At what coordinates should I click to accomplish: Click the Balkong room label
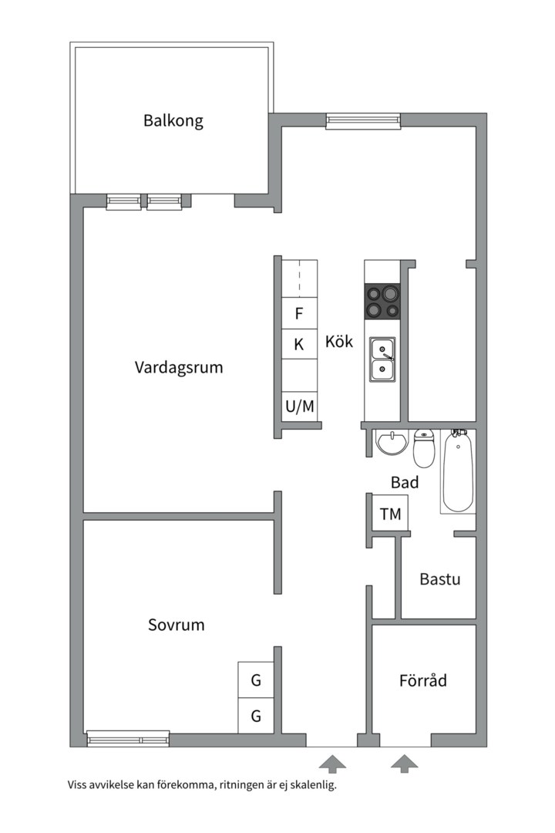click(x=173, y=121)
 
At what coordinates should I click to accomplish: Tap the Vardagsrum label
click(x=179, y=367)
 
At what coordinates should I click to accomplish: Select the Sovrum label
click(x=177, y=625)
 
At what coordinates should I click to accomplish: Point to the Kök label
click(x=339, y=341)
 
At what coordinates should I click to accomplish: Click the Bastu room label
click(x=440, y=578)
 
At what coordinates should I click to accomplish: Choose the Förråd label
click(x=423, y=681)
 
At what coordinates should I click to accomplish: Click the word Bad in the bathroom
click(x=405, y=483)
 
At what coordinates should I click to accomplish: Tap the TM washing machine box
click(x=390, y=514)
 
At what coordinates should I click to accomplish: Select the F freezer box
click(x=299, y=314)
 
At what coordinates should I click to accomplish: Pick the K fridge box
click(x=299, y=345)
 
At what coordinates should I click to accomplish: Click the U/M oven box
click(x=299, y=406)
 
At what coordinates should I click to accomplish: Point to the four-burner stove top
click(x=383, y=301)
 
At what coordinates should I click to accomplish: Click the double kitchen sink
click(x=382, y=360)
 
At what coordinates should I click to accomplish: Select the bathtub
click(x=458, y=472)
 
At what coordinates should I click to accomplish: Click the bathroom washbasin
click(x=392, y=443)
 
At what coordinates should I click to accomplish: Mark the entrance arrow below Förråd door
click(x=404, y=764)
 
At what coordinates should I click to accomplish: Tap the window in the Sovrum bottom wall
click(x=128, y=738)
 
